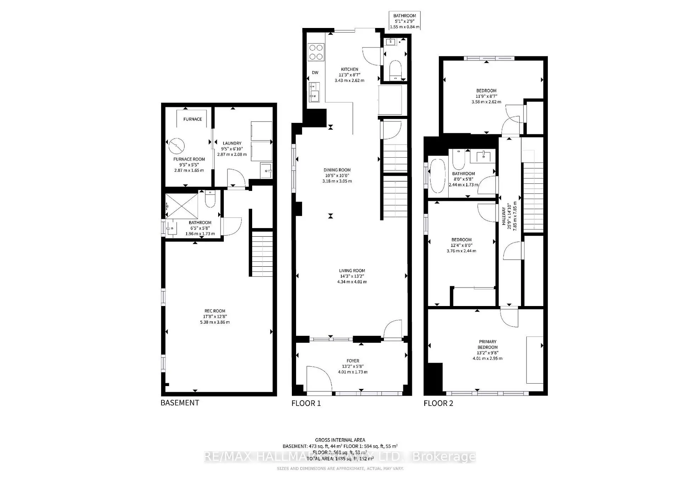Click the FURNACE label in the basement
point(193,119)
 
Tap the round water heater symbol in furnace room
point(176,145)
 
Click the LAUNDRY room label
point(232,143)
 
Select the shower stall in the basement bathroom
point(182,206)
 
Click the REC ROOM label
point(215,311)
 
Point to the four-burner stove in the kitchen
point(316,52)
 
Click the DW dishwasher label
point(315,73)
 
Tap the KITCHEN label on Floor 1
point(349,69)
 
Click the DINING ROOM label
point(337,170)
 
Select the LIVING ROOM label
point(352,271)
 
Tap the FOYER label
point(353,361)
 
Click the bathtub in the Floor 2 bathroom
point(438,176)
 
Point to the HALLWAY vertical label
point(504,216)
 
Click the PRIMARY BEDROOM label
point(487,344)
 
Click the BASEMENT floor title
point(180,403)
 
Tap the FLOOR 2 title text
point(438,403)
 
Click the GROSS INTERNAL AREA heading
point(340,440)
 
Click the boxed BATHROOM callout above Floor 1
point(404,21)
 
